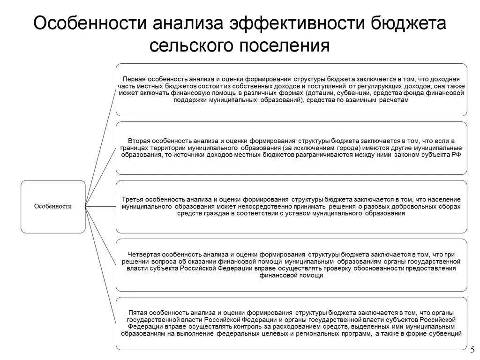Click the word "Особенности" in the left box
pyautogui.click(x=53, y=206)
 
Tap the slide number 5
pyautogui.click(x=472, y=349)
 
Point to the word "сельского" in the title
pyautogui.click(x=188, y=46)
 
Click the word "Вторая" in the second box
pyautogui.click(x=138, y=141)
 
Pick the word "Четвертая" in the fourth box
pyautogui.click(x=142, y=254)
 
